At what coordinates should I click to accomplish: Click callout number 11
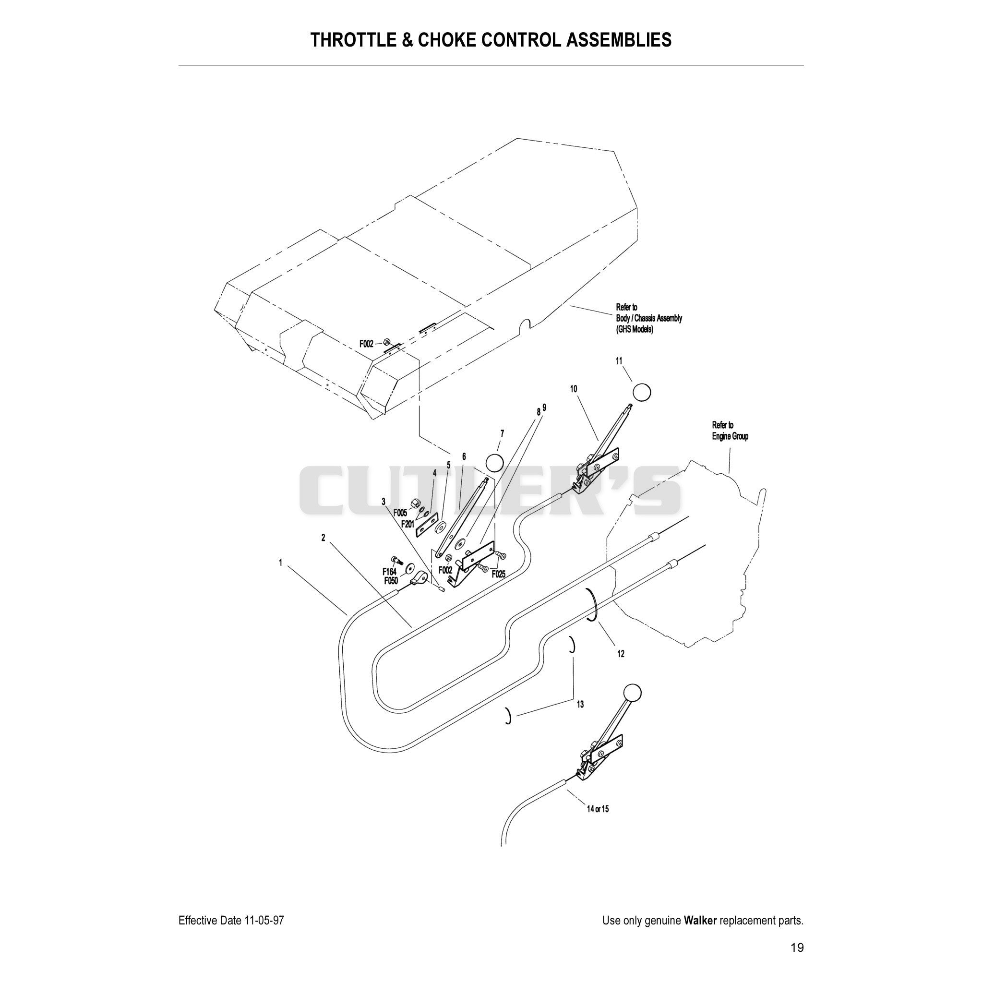point(619,361)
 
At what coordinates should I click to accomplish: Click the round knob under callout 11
point(642,392)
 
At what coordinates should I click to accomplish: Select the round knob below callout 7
point(494,463)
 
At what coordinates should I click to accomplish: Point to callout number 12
point(620,654)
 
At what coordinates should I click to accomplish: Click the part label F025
point(499,574)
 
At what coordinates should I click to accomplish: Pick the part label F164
point(390,571)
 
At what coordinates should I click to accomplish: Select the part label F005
point(400,513)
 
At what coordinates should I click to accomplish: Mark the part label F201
point(408,524)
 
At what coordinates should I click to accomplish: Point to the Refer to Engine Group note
point(730,431)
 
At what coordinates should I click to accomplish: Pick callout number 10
point(574,389)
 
